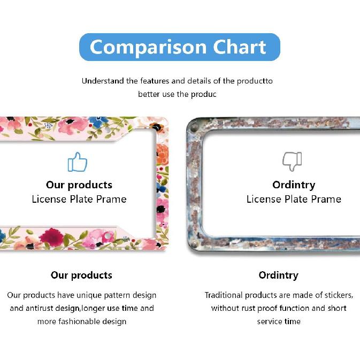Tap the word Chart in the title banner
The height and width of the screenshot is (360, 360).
(x=240, y=47)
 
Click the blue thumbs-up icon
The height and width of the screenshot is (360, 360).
(x=78, y=162)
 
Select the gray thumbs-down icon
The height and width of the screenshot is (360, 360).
(x=292, y=162)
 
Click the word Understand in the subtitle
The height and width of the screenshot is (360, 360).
(x=103, y=81)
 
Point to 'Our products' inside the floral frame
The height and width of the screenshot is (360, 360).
(x=79, y=185)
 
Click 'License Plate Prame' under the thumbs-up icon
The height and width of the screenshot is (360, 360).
(x=79, y=200)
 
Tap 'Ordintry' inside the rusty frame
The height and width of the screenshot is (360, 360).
(x=294, y=185)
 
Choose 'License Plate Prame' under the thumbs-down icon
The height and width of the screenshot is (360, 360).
(x=294, y=200)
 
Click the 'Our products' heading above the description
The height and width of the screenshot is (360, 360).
(x=81, y=275)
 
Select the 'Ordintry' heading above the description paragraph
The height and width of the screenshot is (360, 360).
(x=279, y=275)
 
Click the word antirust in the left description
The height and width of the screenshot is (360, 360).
(x=41, y=308)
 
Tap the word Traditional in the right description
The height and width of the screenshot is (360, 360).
(x=225, y=295)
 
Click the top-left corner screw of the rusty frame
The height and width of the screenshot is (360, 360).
(x=194, y=128)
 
